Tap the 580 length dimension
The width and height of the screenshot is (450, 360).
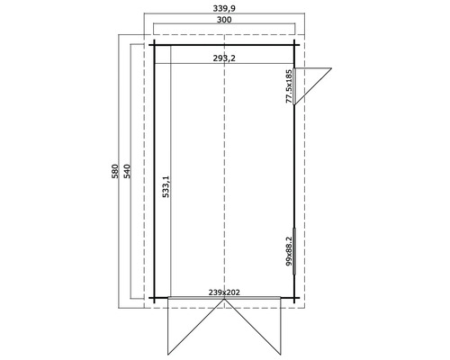click(x=114, y=172)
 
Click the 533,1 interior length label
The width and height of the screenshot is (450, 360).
click(x=166, y=190)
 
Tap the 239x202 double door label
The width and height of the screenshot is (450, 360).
click(x=223, y=292)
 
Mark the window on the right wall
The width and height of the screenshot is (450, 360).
click(x=295, y=245)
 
